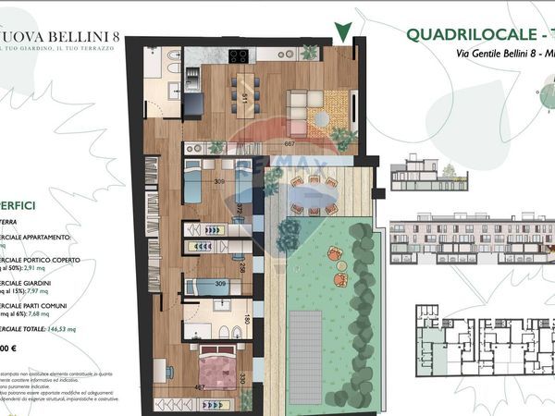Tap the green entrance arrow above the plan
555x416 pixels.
pyautogui.click(x=345, y=31)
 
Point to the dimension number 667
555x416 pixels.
pyautogui.click(x=290, y=143)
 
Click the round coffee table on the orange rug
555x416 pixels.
pyautogui.click(x=322, y=117)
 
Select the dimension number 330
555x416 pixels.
pyautogui.click(x=242, y=379)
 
